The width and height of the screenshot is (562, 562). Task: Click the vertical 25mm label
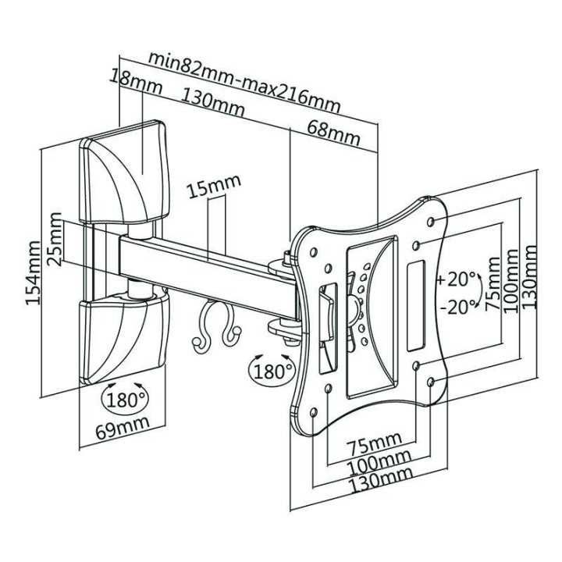pyautogui.click(x=55, y=239)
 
